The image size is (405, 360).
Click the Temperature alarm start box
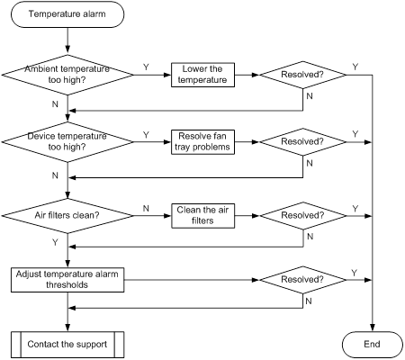coord(67,14)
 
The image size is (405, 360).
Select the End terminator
coord(373,345)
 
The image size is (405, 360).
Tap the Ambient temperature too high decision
coord(67,75)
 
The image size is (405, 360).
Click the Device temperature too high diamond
coord(67,142)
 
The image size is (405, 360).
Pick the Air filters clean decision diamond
coord(67,216)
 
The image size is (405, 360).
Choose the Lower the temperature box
coord(202,75)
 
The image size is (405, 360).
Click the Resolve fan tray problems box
coord(202,142)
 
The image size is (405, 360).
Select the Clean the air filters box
coord(202,216)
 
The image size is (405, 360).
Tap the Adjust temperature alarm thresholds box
coord(67,280)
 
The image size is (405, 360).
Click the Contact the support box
coord(67,345)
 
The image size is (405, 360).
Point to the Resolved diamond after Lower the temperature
coord(303,75)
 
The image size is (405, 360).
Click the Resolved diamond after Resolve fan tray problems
coord(303,142)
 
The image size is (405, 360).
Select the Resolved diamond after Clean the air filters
coord(303,216)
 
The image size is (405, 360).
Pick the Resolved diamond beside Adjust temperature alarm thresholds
coord(303,280)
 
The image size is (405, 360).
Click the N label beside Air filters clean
coord(146,209)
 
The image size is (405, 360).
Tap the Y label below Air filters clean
coord(55,242)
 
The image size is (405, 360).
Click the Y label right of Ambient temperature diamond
coord(146,67)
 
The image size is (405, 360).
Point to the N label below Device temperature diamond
coord(55,175)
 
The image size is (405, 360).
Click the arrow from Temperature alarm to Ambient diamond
coord(67,41)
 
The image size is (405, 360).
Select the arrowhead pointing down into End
coord(373,328)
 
